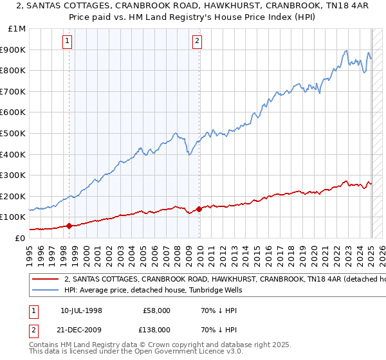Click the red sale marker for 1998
[x=69, y=226]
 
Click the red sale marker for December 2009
[x=199, y=208]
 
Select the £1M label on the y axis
[x=17, y=29]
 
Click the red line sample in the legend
[x=44, y=280]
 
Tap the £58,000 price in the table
[x=157, y=310]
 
